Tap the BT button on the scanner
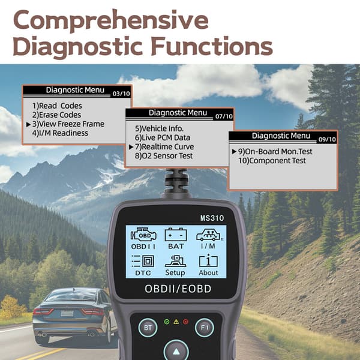tap(148, 328)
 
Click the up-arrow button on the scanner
tap(176, 351)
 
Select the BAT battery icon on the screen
tap(176, 235)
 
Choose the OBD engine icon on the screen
tap(143, 235)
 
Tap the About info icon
tap(208, 260)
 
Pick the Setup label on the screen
tap(175, 273)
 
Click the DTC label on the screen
tap(143, 273)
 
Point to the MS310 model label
tap(212, 218)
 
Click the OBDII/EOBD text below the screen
tap(178, 289)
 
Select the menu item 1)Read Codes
tap(57, 106)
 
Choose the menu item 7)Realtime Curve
tap(164, 147)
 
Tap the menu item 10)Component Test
tap(272, 161)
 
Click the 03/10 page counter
tap(121, 94)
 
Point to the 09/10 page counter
tap(327, 139)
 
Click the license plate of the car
tap(67, 313)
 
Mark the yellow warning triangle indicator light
tap(176, 322)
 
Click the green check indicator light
tap(167, 322)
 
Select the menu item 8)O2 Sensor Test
tap(164, 156)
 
